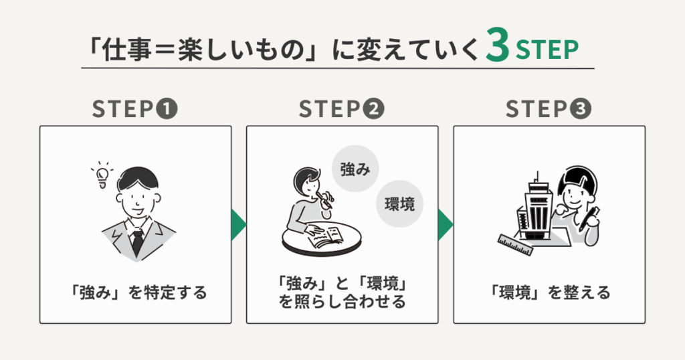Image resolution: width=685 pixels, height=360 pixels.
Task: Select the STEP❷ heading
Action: point(342,110)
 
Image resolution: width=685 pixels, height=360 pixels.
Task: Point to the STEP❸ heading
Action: point(549,110)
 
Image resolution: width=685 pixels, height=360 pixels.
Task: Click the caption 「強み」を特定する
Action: point(135,292)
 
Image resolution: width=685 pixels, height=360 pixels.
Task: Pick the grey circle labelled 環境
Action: point(400,204)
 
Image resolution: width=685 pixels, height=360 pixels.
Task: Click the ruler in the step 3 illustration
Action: point(516,244)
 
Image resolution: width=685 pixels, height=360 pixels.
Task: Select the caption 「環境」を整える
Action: point(549,292)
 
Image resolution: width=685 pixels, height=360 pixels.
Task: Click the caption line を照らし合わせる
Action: point(342,302)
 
